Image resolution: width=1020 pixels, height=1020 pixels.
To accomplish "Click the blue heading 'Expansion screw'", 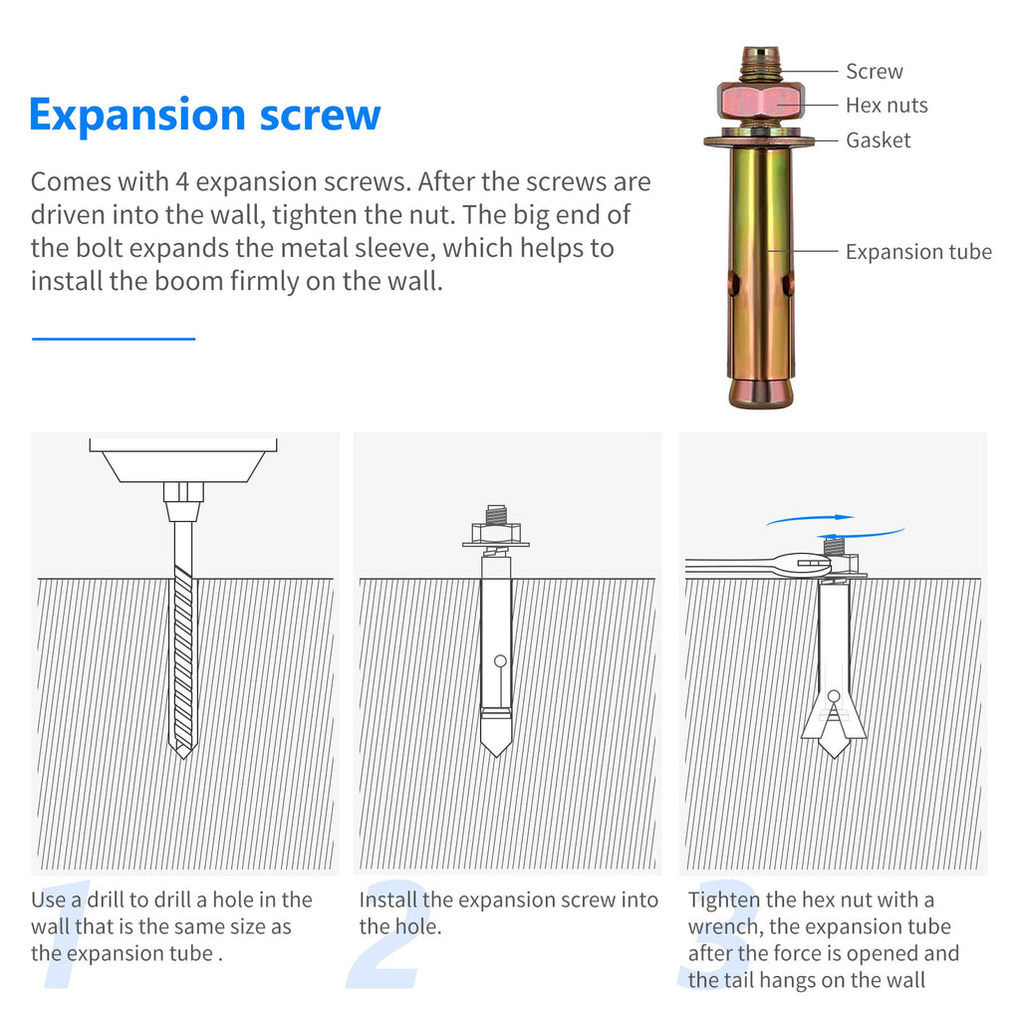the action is (205, 116).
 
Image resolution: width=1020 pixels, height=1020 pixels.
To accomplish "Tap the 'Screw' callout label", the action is (875, 72).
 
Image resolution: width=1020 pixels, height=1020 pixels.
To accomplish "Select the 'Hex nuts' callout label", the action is (887, 106).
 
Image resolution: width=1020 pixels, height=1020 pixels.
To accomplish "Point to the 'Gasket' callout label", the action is (879, 139).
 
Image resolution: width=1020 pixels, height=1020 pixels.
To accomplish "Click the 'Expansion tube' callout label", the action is (918, 252).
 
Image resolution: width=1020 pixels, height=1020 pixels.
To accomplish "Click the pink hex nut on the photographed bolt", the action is (760, 101).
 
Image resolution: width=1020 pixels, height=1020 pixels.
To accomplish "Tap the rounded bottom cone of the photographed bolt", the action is (761, 393).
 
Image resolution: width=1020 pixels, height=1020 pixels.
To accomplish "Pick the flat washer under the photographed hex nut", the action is (759, 139).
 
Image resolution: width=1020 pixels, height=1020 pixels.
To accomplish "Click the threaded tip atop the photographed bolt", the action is (760, 64).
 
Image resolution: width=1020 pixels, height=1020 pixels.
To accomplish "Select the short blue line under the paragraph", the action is (114, 339).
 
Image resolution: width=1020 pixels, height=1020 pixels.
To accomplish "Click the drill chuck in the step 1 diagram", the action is (183, 502).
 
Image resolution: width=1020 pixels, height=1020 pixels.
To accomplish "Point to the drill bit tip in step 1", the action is (183, 755).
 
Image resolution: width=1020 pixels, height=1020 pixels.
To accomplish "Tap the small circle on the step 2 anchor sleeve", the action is (500, 661).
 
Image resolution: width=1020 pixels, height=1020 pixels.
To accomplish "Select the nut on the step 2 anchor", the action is (496, 534).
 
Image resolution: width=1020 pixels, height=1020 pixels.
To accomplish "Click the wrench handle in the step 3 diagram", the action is (728, 567).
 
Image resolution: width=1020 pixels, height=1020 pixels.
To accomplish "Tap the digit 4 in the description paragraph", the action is (182, 182).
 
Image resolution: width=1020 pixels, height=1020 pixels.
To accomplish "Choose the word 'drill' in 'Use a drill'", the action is (106, 899).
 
